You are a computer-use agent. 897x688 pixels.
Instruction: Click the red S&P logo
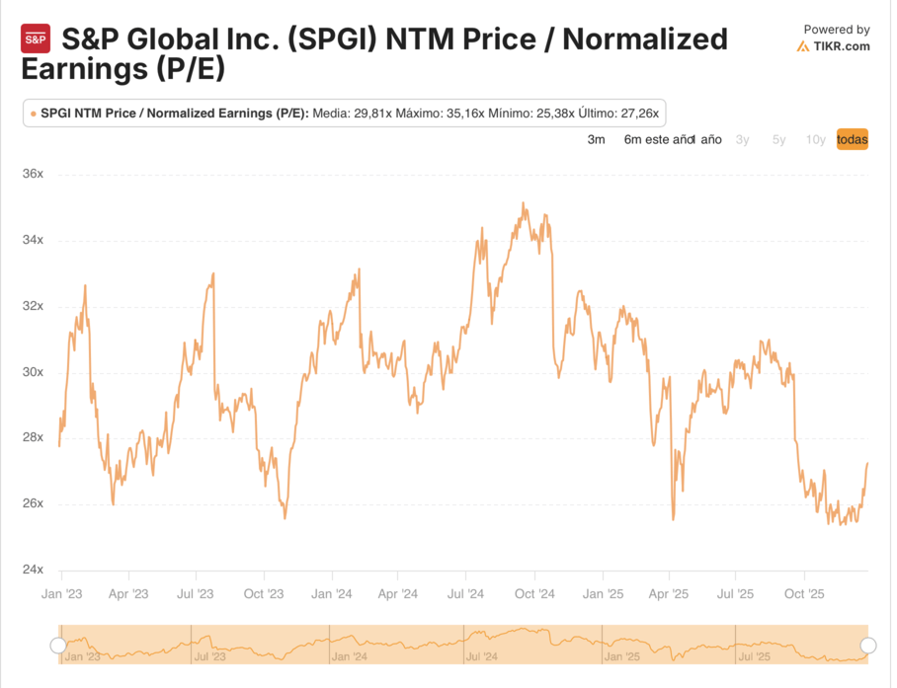coord(36,39)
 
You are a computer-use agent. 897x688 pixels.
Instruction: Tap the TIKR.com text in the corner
coord(842,46)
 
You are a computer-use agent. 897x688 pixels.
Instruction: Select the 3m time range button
coord(596,140)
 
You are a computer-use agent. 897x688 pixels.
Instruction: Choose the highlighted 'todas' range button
coord(852,140)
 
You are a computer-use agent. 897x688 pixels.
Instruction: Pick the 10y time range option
coord(815,140)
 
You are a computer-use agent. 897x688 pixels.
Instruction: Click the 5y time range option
coord(778,140)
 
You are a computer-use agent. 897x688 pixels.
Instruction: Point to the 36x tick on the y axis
coord(34,175)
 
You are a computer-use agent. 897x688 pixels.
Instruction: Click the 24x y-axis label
coord(34,570)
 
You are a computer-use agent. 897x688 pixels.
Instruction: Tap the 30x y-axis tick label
coord(34,372)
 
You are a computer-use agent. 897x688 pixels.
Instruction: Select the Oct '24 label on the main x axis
coord(534,594)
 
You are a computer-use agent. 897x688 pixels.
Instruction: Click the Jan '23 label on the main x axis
coord(61,594)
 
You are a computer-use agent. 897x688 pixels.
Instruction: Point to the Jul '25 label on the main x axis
coord(736,594)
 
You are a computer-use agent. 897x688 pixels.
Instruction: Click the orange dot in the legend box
coord(33,114)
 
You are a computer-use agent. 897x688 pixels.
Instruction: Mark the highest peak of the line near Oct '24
coord(523,204)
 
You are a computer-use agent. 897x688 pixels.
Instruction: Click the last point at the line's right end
coord(867,463)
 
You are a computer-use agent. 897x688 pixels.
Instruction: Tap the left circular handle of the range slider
coord(58,646)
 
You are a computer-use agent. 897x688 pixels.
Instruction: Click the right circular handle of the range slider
coord(868,646)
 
